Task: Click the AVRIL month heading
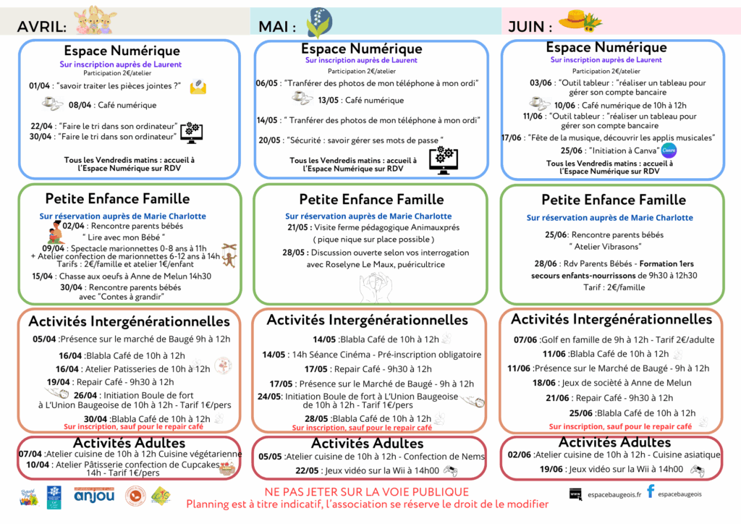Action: [x=42, y=27]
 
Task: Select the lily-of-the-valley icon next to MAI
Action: [x=318, y=22]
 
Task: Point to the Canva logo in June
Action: [x=669, y=150]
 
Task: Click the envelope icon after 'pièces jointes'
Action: [x=197, y=87]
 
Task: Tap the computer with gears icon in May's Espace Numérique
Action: [x=443, y=159]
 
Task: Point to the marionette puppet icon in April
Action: [x=229, y=254]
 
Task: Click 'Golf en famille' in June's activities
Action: [x=568, y=339]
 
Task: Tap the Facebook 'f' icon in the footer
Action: [x=651, y=491]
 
